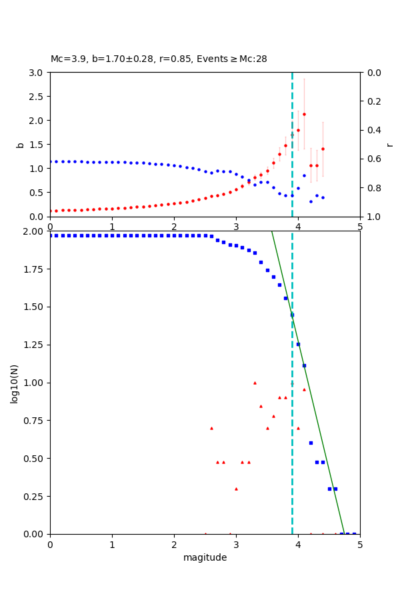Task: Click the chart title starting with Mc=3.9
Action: click(x=159, y=59)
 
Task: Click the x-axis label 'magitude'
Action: click(x=205, y=558)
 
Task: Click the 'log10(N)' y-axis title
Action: click(x=15, y=383)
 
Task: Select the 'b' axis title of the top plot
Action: click(x=20, y=145)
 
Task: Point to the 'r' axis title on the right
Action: click(x=390, y=145)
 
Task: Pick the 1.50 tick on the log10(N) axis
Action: click(x=33, y=307)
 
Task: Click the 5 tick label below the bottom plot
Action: click(x=360, y=545)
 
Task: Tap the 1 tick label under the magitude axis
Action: click(x=112, y=545)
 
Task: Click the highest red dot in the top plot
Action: click(x=304, y=114)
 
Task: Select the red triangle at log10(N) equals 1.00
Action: click(x=255, y=383)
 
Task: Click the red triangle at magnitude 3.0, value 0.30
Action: click(x=236, y=489)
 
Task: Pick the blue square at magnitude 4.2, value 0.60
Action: click(x=311, y=443)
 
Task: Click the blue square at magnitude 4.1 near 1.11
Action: click(x=304, y=365)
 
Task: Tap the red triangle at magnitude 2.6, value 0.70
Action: click(x=211, y=428)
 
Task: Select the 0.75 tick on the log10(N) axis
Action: click(x=33, y=421)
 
